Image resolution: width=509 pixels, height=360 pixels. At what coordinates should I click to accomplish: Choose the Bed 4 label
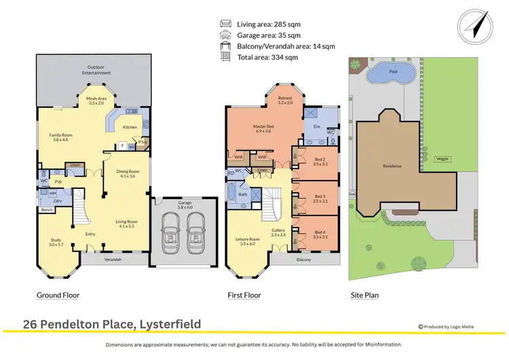pyautogui.click(x=320, y=234)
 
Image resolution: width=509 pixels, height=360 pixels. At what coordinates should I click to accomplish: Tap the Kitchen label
pyautogui.click(x=130, y=127)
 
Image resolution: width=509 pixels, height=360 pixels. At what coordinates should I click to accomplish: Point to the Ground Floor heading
pyautogui.click(x=58, y=295)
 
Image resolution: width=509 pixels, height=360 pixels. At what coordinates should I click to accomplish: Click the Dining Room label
pyautogui.click(x=128, y=173)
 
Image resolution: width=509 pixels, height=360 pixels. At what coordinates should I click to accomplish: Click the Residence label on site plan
pyautogui.click(x=392, y=166)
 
